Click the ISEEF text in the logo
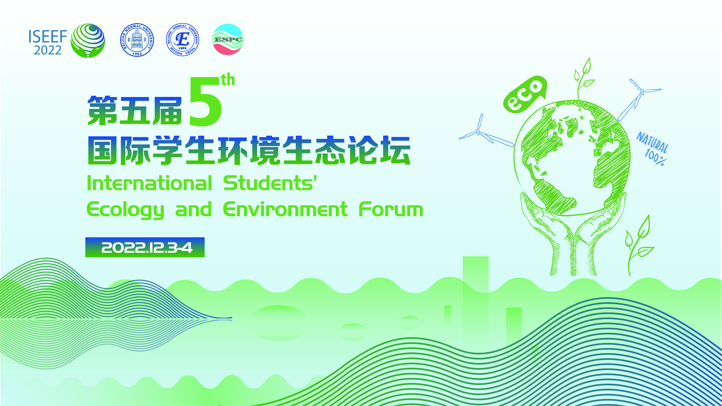pos(48,36)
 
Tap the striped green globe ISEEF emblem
pos(88,40)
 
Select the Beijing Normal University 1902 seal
pos(137,40)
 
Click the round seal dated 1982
pos(182,39)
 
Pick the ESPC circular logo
pos(228,39)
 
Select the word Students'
pos(270,183)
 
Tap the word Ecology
pos(125,210)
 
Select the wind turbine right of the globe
pos(640,99)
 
